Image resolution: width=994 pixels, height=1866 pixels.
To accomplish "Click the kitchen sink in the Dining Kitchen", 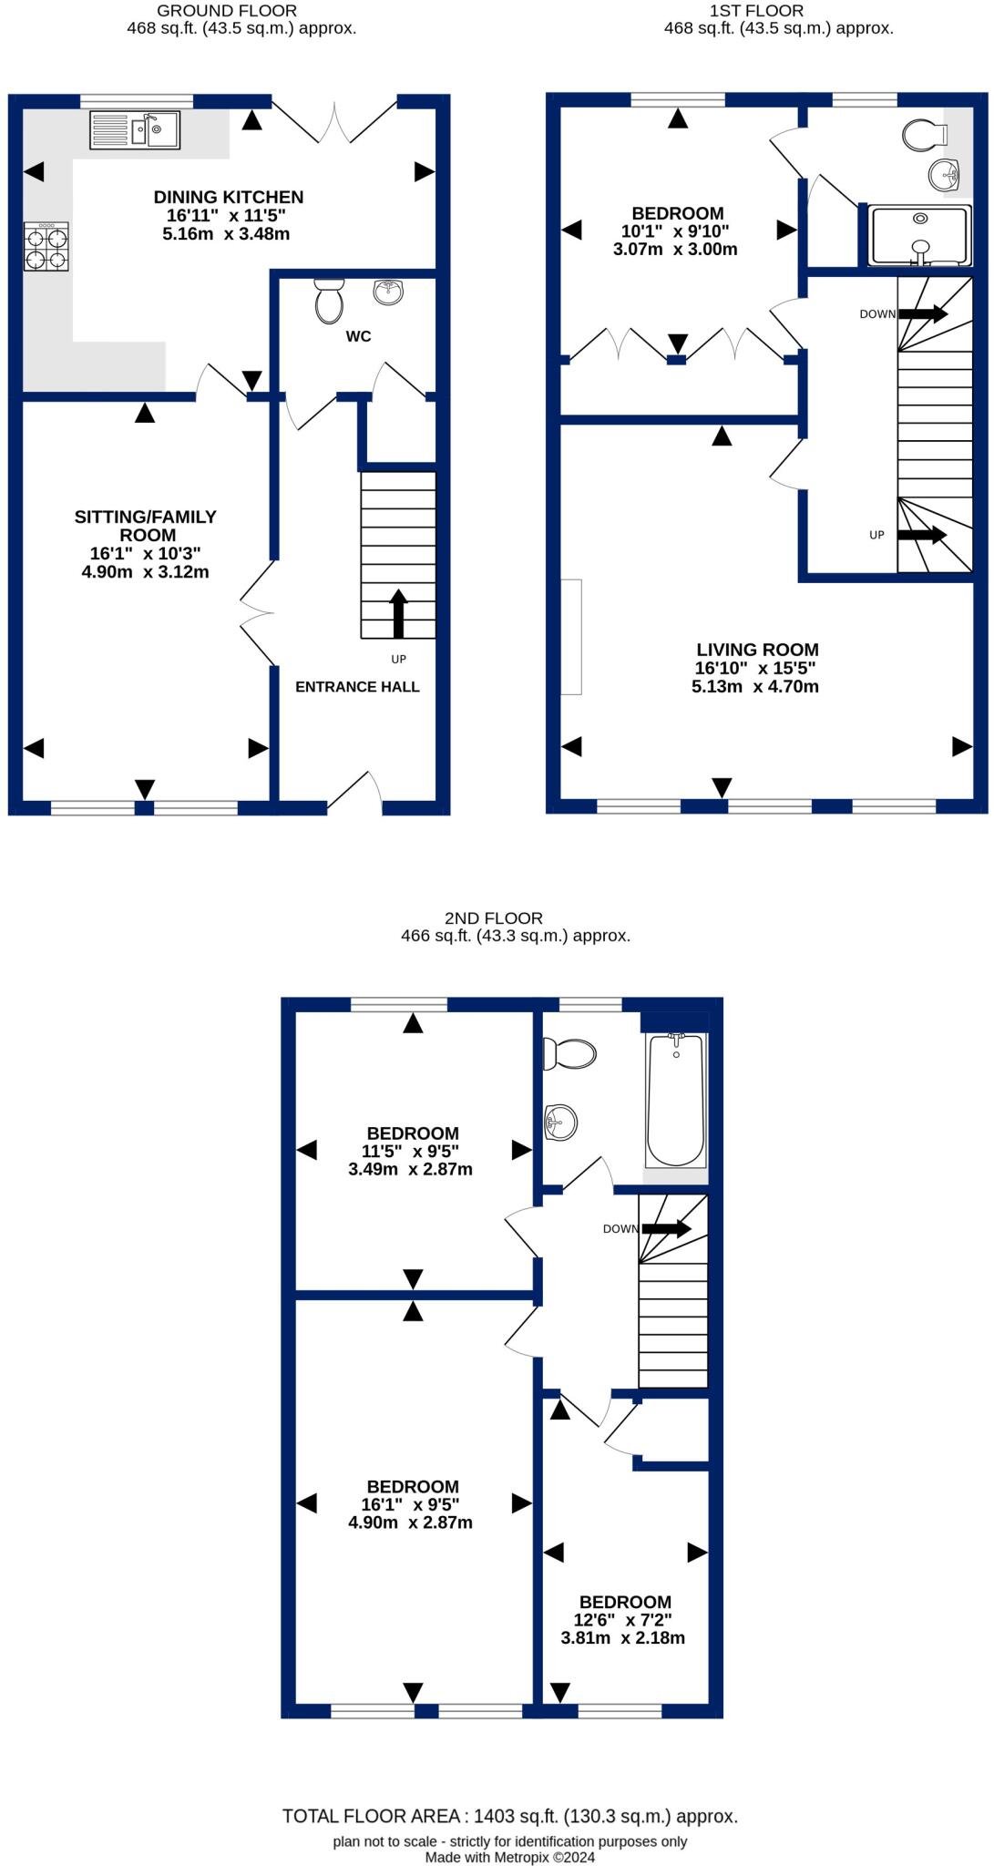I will [x=135, y=129].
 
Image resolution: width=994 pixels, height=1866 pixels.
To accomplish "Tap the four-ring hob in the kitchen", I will [x=46, y=248].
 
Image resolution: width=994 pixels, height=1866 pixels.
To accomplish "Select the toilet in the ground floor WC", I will [x=329, y=301].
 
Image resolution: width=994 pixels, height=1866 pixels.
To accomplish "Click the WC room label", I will [x=358, y=336].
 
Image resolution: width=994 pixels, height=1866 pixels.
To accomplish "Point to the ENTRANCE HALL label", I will [x=357, y=687].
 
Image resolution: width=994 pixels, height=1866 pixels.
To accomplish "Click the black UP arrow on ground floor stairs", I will [x=398, y=612].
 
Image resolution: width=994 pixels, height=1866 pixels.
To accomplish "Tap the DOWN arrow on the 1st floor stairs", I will [x=922, y=313].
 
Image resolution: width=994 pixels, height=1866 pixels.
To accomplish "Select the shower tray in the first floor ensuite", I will [x=920, y=235].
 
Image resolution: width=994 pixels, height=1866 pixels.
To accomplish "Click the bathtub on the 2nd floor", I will [x=675, y=1100].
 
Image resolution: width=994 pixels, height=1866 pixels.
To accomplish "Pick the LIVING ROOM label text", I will [x=757, y=650].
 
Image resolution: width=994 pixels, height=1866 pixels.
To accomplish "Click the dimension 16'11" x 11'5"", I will [x=226, y=216].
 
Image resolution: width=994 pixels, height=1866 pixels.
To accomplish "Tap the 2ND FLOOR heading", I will [x=494, y=918].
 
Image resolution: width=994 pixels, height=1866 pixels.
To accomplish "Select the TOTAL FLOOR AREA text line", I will [x=509, y=1816].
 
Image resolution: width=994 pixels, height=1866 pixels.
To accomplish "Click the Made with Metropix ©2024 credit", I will [x=509, y=1857].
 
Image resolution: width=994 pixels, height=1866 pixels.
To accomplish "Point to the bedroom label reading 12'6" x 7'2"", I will [x=624, y=1620].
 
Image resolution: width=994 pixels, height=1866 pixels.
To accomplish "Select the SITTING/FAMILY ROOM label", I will [x=146, y=526].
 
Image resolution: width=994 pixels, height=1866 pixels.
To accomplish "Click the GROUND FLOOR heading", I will [x=227, y=11].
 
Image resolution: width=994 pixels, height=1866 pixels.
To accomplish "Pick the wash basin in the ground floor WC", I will [x=388, y=292].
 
